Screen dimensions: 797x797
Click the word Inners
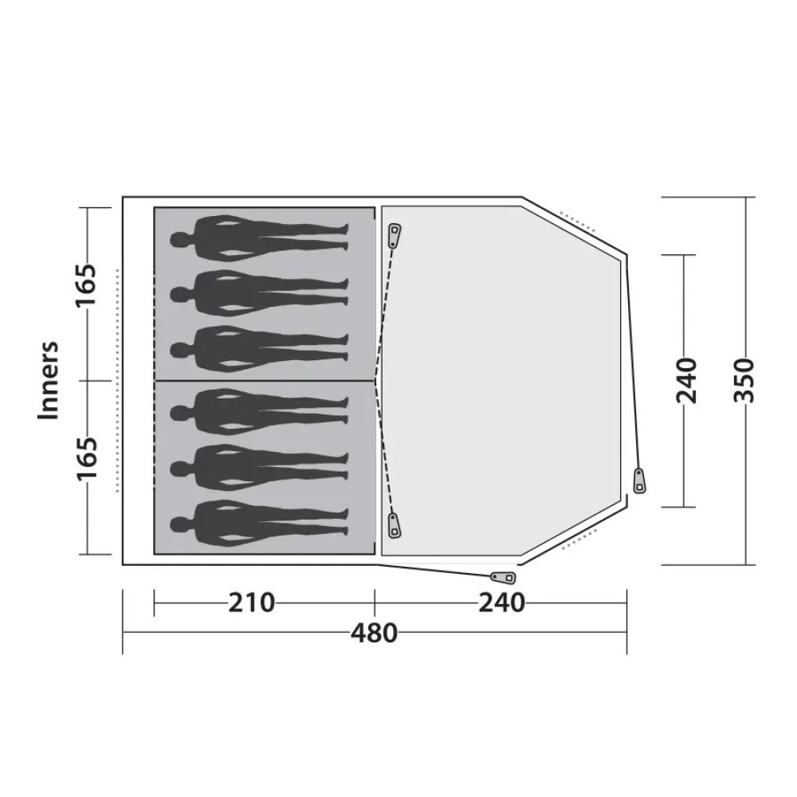tap(49, 380)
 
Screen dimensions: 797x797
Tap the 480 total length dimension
tap(374, 634)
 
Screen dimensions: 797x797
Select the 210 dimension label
tap(251, 603)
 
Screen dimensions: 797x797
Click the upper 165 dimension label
tap(86, 285)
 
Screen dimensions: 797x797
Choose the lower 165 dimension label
tap(86, 458)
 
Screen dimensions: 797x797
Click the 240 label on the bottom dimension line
tap(501, 603)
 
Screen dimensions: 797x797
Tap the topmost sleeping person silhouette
tap(259, 238)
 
